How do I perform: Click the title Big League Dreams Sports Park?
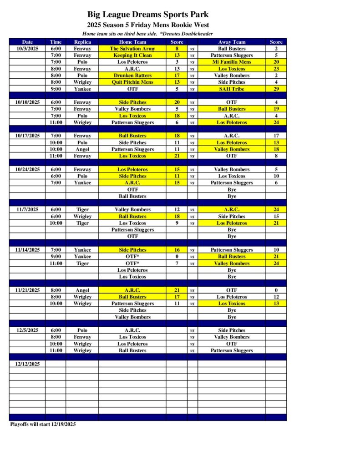pyautogui.click(x=148, y=15)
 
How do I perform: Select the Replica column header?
pyautogui.click(x=82, y=42)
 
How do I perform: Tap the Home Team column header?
pyautogui.click(x=132, y=42)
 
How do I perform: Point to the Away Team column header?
pyautogui.click(x=232, y=42)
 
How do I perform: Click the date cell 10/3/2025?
pyautogui.click(x=27, y=49)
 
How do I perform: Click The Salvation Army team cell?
pyautogui.click(x=132, y=49)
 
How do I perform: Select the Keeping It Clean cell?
pyautogui.click(x=132, y=55)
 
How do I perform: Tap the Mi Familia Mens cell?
pyautogui.click(x=232, y=62)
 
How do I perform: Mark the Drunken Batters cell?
pyautogui.click(x=132, y=76)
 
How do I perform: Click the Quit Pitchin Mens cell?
pyautogui.click(x=132, y=82)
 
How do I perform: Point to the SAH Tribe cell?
pyautogui.click(x=232, y=89)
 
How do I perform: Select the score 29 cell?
pyautogui.click(x=276, y=89)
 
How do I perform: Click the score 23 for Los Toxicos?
pyautogui.click(x=276, y=69)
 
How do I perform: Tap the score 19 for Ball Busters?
pyautogui.click(x=276, y=109)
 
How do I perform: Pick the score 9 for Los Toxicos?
pyautogui.click(x=177, y=223)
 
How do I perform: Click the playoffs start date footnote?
pyautogui.click(x=43, y=424)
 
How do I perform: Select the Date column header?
pyautogui.click(x=27, y=42)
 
